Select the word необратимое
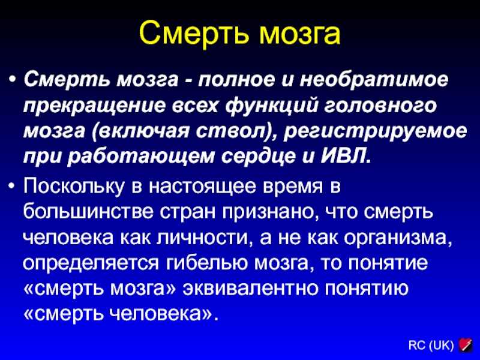(374, 80)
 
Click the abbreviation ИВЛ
(346, 157)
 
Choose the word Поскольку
(73, 186)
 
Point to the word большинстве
(88, 211)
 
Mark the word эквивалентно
(250, 289)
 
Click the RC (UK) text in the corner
(431, 346)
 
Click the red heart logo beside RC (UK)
(466, 345)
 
